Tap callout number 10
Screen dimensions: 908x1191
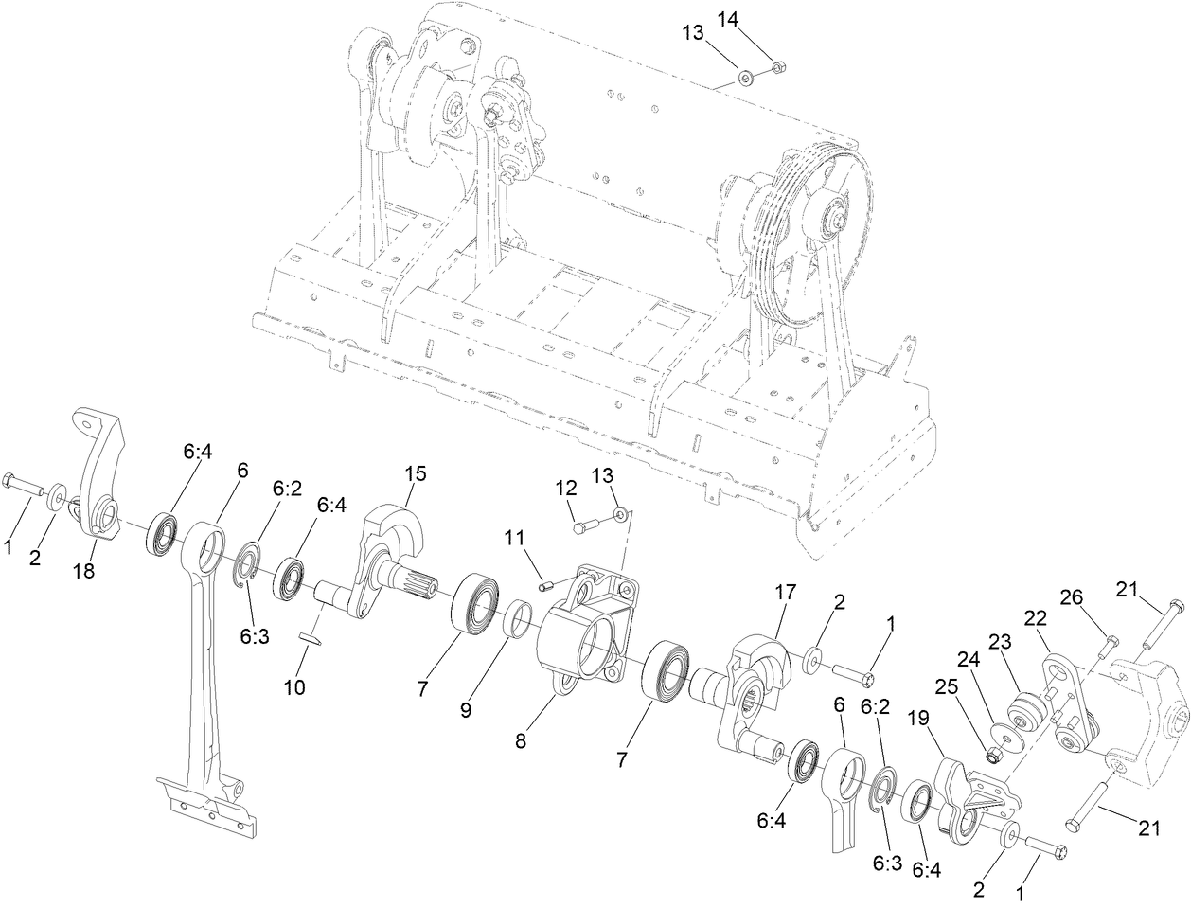click(293, 686)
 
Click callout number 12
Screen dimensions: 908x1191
click(565, 489)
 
